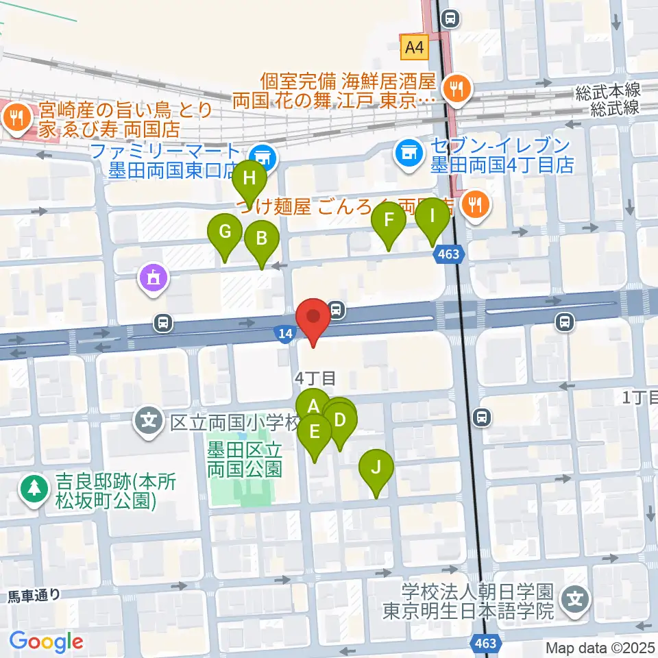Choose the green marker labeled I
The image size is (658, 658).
432,217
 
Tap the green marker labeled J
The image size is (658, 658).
376,469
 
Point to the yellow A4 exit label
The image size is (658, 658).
414,48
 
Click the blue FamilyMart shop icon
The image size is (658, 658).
261,157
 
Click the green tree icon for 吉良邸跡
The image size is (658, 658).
33,489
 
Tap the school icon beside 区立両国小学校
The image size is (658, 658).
149,417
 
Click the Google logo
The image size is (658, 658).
46,642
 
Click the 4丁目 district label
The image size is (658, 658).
315,377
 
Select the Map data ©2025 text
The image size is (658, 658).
598,648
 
